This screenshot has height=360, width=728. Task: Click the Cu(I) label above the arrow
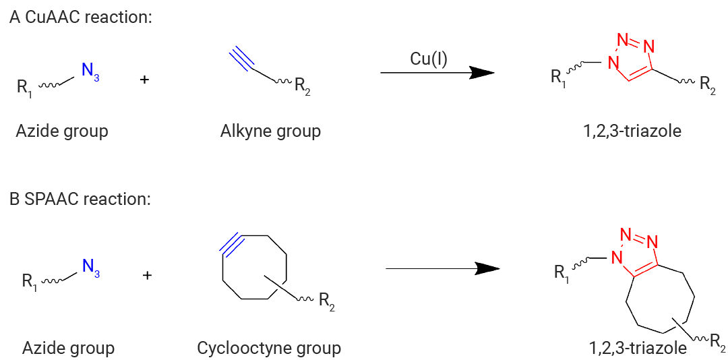(429, 59)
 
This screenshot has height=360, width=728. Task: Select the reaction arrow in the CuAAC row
(437, 73)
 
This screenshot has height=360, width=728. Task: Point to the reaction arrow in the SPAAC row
(442, 268)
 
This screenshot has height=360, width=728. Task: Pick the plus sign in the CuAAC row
(144, 80)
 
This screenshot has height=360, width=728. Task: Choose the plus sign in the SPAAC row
(147, 276)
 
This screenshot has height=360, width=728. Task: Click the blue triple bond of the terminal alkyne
(241, 59)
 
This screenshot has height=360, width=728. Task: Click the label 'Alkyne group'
(271, 131)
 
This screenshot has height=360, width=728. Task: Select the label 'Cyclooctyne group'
(269, 347)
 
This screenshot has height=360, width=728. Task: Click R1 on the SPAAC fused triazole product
(562, 272)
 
